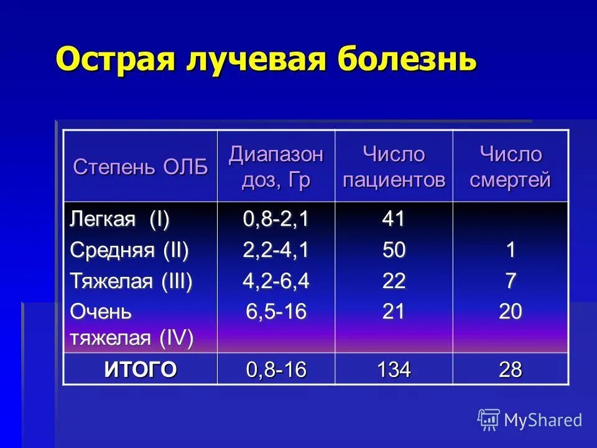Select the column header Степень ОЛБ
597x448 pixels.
[x=141, y=167]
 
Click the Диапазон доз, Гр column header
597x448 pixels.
[x=275, y=167]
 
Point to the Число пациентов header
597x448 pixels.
[x=394, y=167]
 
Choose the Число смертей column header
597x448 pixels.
[x=510, y=167]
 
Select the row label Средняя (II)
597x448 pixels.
[x=129, y=250]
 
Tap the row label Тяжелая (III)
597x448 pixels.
[x=131, y=281]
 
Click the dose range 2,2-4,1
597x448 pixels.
[x=275, y=250]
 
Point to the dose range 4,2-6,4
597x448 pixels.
[x=275, y=281]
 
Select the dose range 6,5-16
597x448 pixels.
[x=275, y=311]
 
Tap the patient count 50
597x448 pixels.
[x=394, y=250]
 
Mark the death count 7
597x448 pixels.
[x=510, y=281]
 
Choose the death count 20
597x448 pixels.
[x=510, y=311]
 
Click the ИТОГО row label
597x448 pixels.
[x=141, y=370]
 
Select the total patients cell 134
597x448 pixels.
[x=394, y=370]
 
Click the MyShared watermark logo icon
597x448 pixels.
[x=488, y=420]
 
